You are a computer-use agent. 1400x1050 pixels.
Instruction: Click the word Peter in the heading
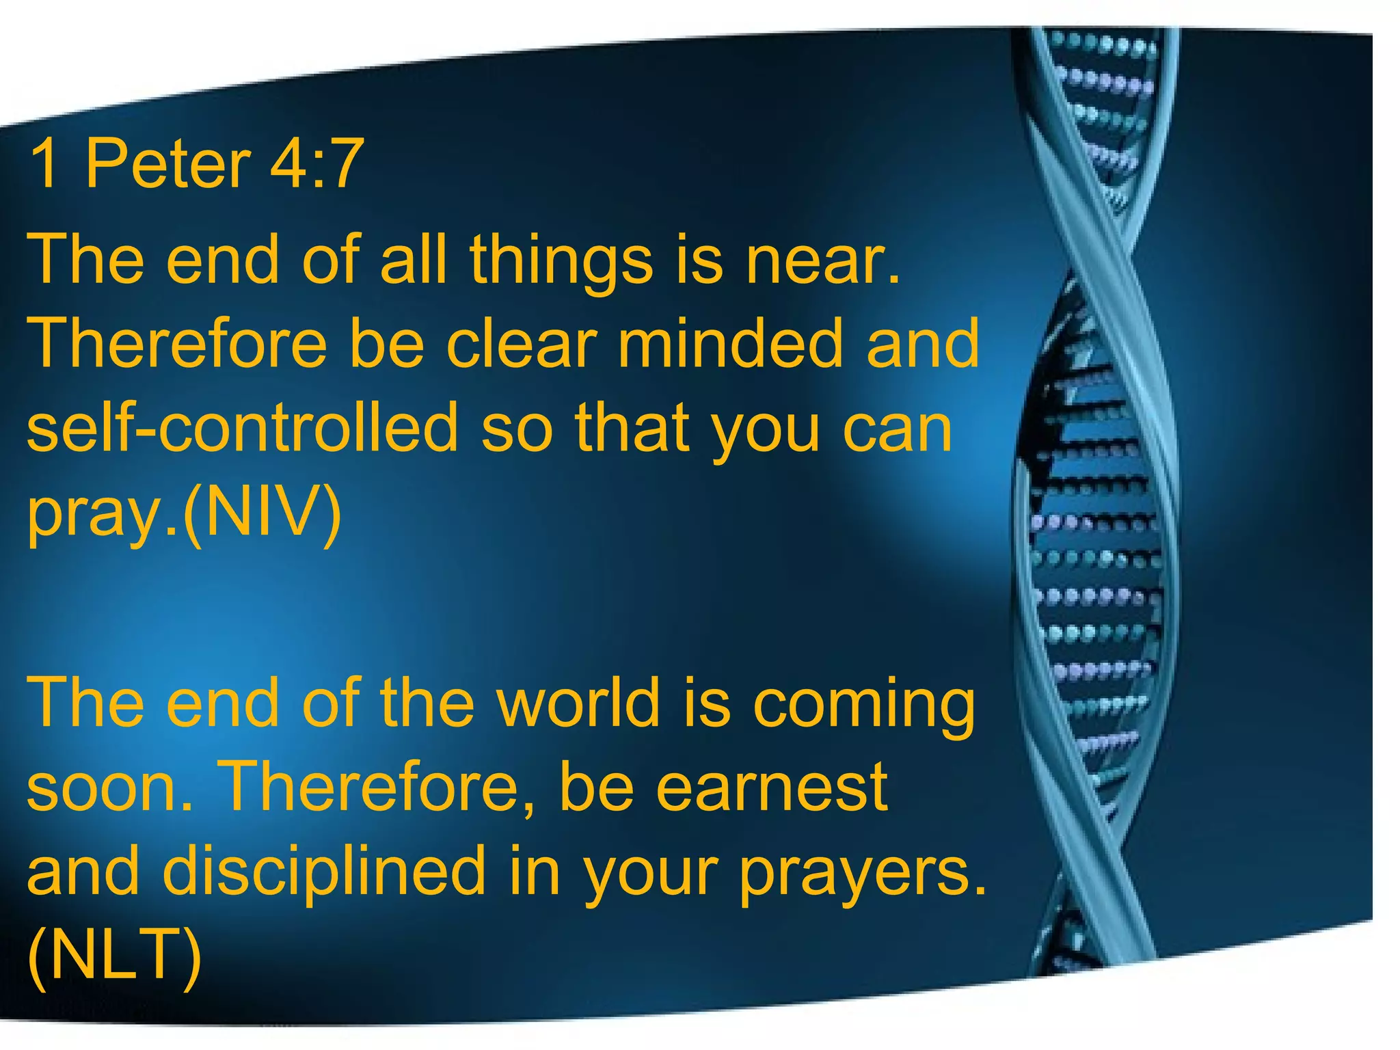(167, 164)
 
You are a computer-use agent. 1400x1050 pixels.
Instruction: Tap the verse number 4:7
(316, 164)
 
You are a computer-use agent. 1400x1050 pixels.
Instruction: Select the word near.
(824, 261)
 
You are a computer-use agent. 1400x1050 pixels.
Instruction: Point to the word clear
(522, 345)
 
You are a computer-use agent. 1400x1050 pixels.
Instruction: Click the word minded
(730, 345)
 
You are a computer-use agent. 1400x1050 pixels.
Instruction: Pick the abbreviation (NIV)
(262, 514)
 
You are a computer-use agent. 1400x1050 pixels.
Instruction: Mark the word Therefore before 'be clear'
(178, 345)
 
